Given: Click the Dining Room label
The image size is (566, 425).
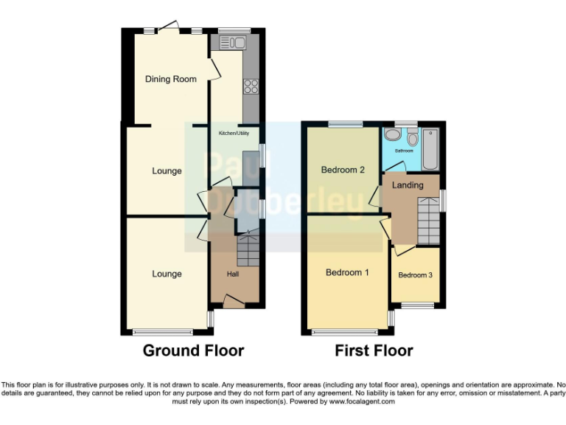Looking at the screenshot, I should [170, 79].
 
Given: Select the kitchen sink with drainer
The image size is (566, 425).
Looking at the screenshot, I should [231, 43].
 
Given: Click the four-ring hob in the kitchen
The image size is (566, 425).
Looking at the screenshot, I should [251, 86].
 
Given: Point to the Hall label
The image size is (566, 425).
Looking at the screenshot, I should [233, 274].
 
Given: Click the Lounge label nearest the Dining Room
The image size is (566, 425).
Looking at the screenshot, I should [167, 171].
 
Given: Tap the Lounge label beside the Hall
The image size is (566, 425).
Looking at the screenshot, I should [167, 274].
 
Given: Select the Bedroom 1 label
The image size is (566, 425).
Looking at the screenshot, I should [347, 272].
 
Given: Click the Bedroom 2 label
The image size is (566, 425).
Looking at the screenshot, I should [343, 170].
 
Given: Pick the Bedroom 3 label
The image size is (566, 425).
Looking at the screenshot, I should [415, 275].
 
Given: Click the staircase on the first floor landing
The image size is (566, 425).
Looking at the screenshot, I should [427, 220].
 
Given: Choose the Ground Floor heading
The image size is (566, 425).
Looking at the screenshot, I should [193, 350].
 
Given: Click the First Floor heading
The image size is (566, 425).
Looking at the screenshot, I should [374, 350].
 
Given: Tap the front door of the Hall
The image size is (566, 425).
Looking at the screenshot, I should [234, 301].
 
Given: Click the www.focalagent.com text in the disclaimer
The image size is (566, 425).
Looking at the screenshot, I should [362, 401].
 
